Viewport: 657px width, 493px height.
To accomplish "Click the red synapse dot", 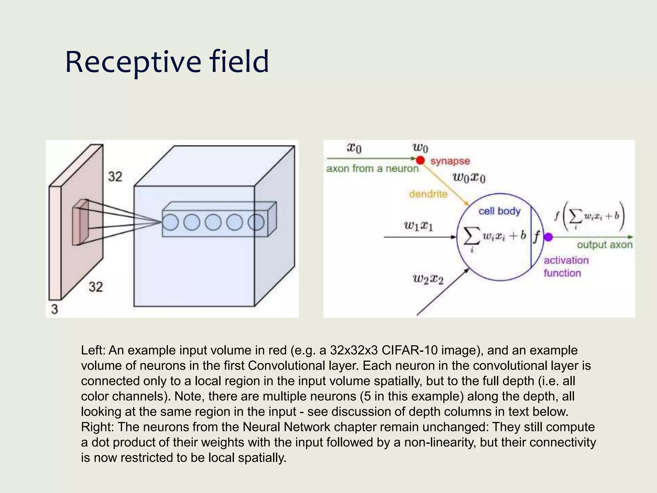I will point(420,160).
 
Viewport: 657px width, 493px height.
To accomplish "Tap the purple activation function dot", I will point(549,237).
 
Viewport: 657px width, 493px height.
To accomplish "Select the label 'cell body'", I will point(499,211).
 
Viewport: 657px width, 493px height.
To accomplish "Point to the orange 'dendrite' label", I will point(428,194).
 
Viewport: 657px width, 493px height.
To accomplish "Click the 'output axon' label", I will point(604,245).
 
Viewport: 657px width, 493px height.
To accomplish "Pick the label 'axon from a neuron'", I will point(372,169).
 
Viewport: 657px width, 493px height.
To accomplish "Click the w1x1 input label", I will point(418,226).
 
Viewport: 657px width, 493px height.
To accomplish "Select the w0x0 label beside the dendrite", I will point(469,177).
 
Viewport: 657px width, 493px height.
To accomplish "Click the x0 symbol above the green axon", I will point(354,148).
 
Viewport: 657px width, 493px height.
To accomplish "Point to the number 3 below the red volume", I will point(55,309).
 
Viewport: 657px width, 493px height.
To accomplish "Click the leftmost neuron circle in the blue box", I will point(170,222).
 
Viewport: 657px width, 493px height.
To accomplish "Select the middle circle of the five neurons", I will point(213,222).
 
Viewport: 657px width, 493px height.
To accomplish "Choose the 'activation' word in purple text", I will point(566,260).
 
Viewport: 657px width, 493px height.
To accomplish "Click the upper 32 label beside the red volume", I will point(115,177).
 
